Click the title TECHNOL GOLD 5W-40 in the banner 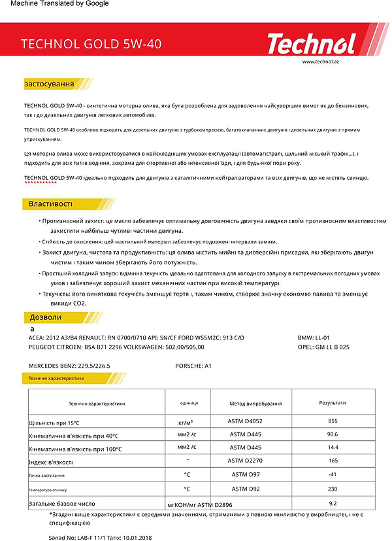91,44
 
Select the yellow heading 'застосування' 49,84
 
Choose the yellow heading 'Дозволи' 46,317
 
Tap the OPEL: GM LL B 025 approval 333,347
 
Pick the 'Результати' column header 333,404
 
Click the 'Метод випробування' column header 255,404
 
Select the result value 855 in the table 333,421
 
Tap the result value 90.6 333,434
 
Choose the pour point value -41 333,474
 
